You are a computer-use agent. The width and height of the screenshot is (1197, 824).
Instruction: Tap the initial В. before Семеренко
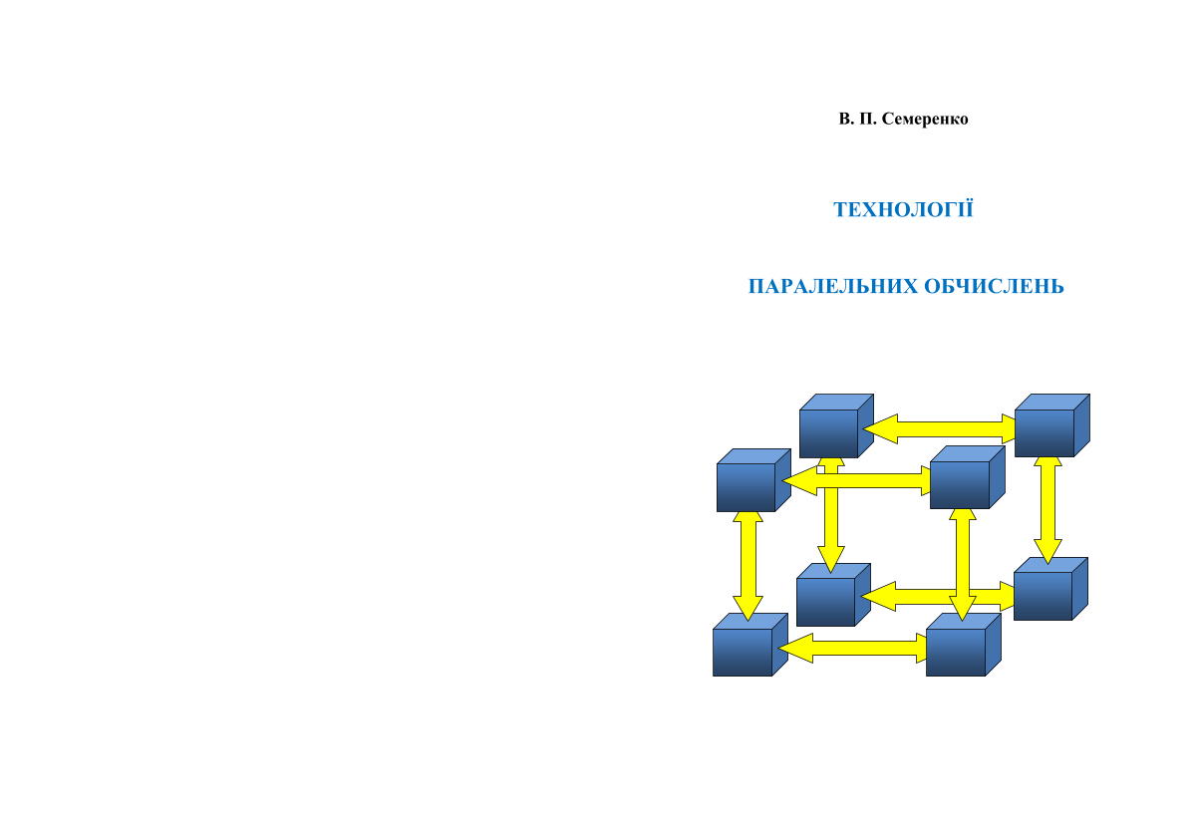pyautogui.click(x=845, y=120)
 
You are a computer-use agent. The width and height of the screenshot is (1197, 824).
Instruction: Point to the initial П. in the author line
pyautogui.click(x=867, y=120)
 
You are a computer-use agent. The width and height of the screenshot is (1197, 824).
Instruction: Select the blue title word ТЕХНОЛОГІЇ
pyautogui.click(x=903, y=210)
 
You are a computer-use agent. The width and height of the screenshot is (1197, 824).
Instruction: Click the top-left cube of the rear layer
pyautogui.click(x=830, y=431)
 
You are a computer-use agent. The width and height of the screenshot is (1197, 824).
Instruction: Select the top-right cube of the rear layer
pyautogui.click(x=1046, y=431)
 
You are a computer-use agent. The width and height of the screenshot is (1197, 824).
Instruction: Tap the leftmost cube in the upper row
pyautogui.click(x=748, y=486)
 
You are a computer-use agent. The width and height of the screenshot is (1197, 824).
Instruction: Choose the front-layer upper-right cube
pyautogui.click(x=961, y=483)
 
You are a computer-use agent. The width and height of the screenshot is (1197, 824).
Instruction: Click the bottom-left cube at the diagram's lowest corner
pyautogui.click(x=744, y=651)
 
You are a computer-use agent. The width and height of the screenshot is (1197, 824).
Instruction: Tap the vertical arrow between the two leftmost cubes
pyautogui.click(x=748, y=566)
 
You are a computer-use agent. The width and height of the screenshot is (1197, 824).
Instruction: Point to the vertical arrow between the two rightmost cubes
pyautogui.click(x=1047, y=509)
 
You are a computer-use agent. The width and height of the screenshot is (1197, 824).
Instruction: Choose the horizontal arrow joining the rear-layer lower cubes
pyautogui.click(x=917, y=597)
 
